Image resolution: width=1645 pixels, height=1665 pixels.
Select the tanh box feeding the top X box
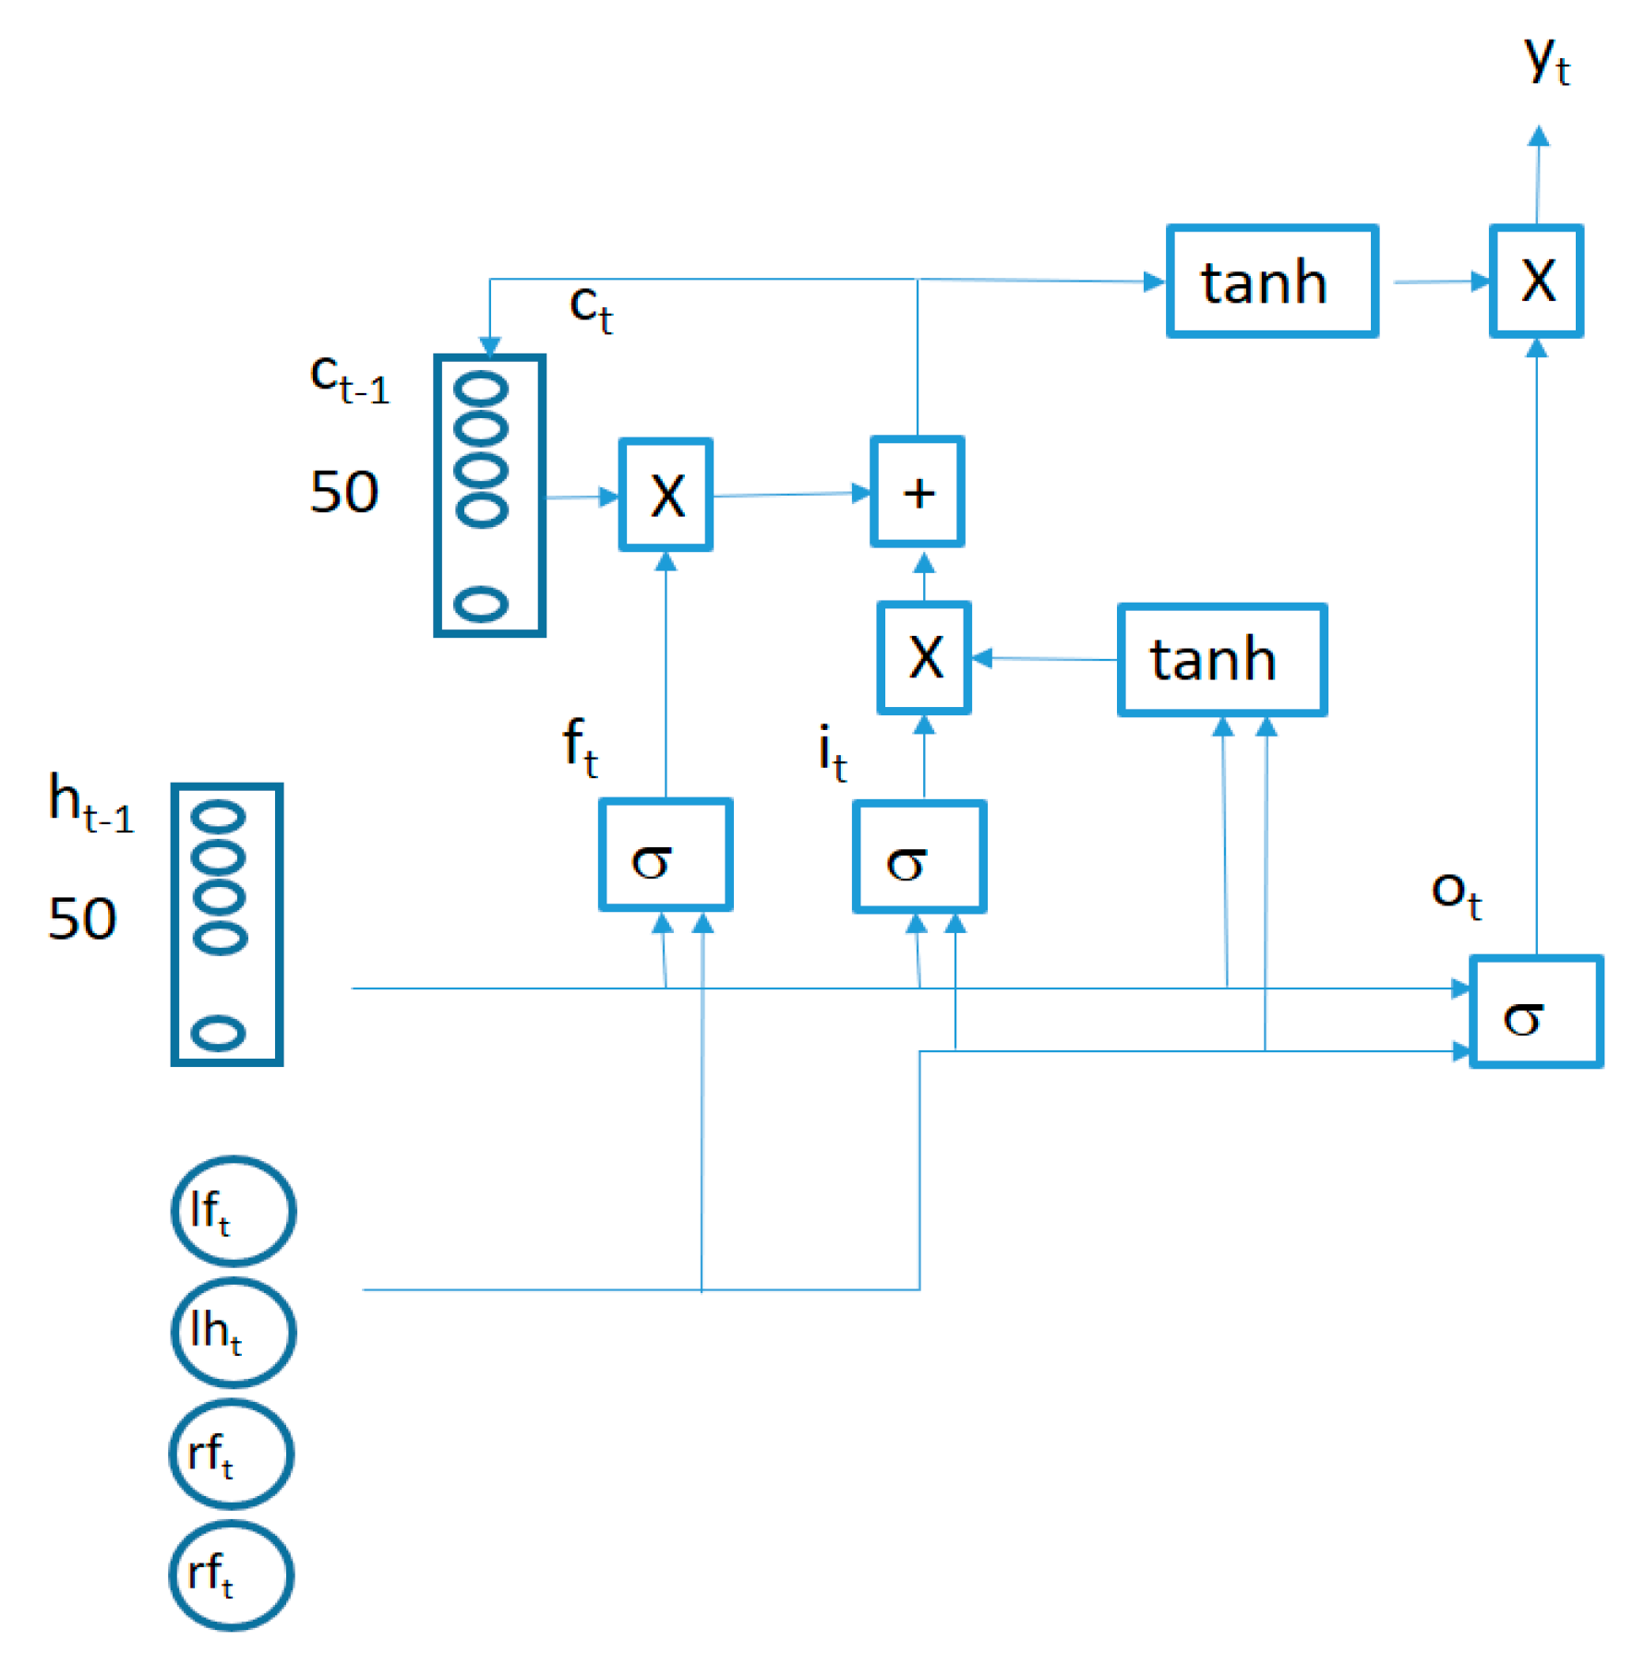coord(1271,281)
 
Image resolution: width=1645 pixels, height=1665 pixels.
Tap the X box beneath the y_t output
coord(1536,281)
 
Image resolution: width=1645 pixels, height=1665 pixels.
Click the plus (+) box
coord(917,492)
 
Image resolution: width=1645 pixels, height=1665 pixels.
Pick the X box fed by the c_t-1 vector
coord(666,495)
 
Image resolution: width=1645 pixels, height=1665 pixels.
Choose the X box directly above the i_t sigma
coord(923,657)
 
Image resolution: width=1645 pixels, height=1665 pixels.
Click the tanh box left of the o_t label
coord(1221,659)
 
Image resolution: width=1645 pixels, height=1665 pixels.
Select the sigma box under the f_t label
coord(665,855)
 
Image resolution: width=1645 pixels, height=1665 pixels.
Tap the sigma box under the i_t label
coord(919,856)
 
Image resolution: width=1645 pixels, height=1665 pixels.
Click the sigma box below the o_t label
coord(1535,1012)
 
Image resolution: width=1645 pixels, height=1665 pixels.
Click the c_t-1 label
coord(349,378)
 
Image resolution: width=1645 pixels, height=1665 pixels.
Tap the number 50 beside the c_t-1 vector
coord(343,491)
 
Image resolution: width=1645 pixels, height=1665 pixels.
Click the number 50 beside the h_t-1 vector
coord(81,917)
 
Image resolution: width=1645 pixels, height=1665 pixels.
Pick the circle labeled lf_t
coord(234,1210)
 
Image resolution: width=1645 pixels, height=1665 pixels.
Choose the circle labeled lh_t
coord(234,1332)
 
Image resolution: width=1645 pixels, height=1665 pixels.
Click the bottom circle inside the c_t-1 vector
coord(481,605)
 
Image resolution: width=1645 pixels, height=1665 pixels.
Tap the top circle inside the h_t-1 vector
coord(219,816)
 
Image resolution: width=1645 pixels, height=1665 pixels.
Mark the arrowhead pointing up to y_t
coord(1538,137)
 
